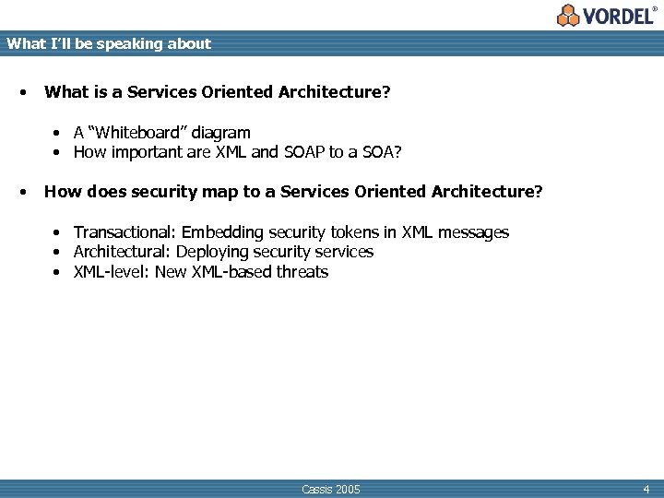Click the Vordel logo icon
[569, 15]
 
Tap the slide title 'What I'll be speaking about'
[109, 43]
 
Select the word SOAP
[303, 152]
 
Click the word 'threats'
[302, 271]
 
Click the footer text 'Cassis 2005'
[331, 489]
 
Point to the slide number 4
[646, 489]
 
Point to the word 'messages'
[474, 232]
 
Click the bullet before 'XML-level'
[56, 272]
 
